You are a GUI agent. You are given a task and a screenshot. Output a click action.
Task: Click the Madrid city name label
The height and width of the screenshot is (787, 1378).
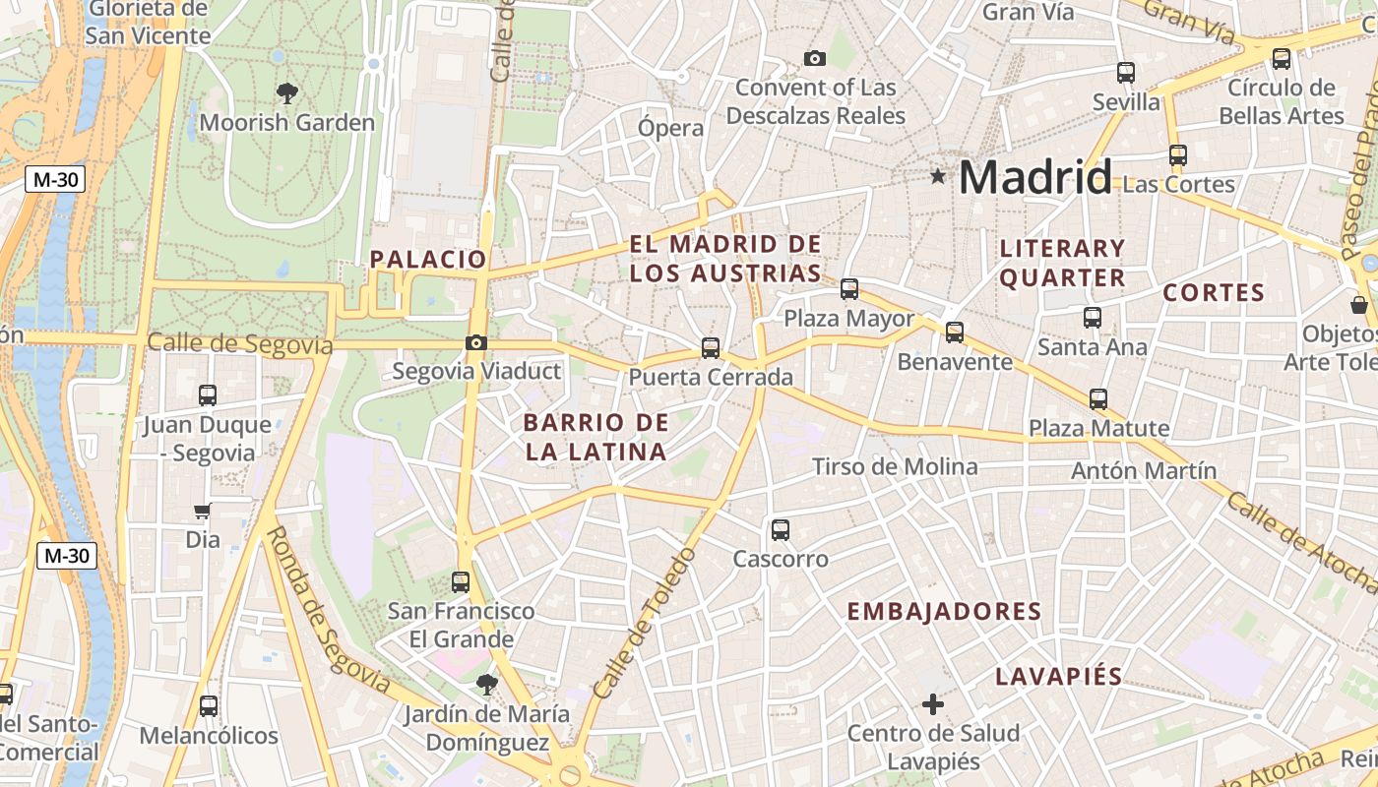1034,178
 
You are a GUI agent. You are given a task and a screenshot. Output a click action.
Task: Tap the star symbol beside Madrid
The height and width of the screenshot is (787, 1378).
938,177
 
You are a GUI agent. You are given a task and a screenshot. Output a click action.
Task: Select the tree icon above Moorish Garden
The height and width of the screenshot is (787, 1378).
287,93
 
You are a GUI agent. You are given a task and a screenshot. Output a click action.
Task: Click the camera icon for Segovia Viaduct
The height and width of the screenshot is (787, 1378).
476,342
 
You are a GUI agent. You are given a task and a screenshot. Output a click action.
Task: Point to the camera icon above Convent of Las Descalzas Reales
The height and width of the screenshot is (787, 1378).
814,58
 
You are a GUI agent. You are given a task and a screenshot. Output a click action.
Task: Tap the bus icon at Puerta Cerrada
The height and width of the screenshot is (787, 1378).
710,347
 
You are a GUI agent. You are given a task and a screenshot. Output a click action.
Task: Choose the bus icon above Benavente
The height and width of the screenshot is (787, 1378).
955,333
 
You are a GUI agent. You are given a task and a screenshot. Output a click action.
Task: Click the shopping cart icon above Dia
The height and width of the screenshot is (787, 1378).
203,511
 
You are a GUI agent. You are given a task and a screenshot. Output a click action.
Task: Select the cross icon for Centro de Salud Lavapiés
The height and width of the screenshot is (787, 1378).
933,704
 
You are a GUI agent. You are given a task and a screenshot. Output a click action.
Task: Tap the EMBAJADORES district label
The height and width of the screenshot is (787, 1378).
944,612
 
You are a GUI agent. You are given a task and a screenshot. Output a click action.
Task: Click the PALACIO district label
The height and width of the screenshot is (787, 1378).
428,260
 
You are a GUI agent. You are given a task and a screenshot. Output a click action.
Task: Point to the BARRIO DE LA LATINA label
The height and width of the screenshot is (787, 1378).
596,438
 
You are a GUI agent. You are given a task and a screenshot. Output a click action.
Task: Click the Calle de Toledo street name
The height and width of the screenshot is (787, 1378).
645,624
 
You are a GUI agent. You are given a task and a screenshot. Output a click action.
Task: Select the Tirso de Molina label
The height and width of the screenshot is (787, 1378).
895,466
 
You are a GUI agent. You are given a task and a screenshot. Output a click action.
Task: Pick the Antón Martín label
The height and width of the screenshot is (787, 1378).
1144,470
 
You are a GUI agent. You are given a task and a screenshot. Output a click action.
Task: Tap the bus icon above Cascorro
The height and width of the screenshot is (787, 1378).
781,530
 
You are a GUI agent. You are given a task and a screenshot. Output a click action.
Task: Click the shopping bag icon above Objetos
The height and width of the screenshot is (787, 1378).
1359,305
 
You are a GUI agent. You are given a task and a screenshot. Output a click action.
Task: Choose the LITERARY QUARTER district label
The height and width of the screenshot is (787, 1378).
1062,263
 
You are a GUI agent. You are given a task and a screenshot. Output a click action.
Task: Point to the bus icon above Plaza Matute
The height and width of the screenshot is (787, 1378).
1098,399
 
